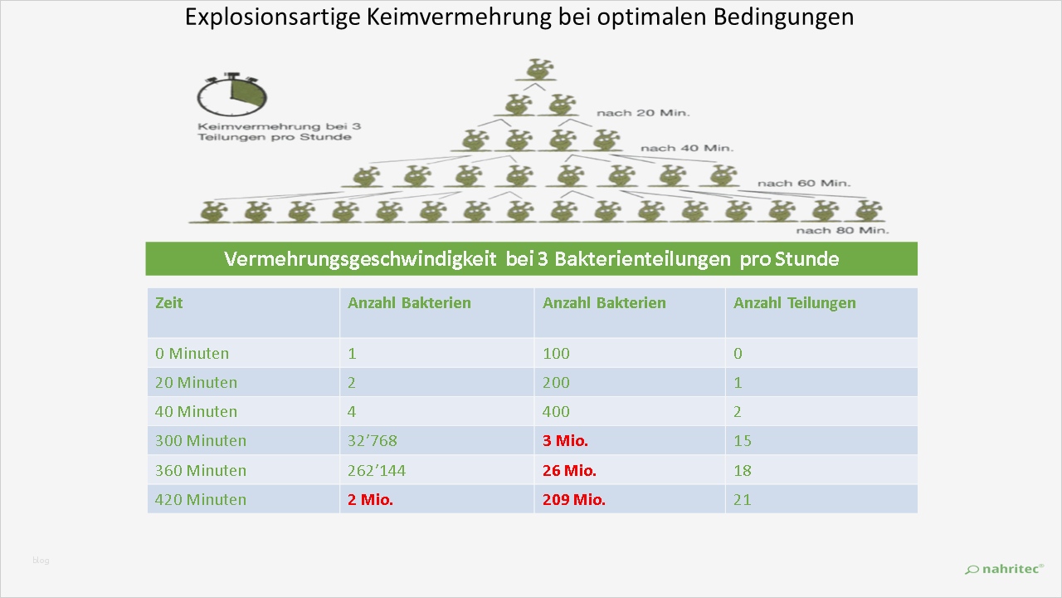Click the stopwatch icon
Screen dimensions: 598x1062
[231, 96]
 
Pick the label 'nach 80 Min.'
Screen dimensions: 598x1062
[842, 230]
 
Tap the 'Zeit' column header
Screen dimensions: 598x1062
[168, 303]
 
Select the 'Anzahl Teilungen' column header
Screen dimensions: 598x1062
[794, 303]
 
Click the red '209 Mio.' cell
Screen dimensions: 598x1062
[573, 500]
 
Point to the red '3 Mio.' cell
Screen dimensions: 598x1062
[565, 441]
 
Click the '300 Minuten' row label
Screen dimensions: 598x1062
[200, 441]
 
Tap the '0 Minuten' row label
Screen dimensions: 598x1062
[192, 354]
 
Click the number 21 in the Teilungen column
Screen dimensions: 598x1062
[742, 500]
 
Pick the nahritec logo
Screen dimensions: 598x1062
[1004, 569]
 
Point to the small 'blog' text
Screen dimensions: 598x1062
[41, 561]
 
